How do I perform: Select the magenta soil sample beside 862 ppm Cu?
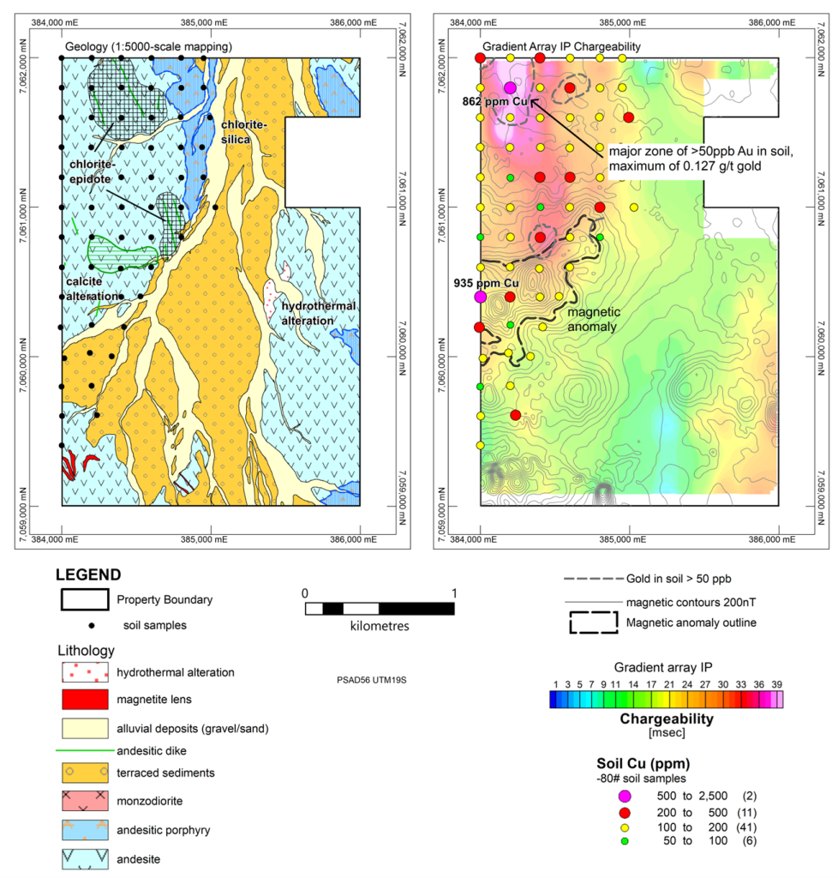pyautogui.click(x=510, y=87)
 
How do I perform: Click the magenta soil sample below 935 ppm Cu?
pyautogui.click(x=480, y=297)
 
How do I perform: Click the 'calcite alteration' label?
pyautogui.click(x=93, y=289)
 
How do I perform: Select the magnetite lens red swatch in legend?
pyautogui.click(x=83, y=699)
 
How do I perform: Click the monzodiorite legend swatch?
pyautogui.click(x=83, y=803)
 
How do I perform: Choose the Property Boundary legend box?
pyautogui.click(x=83, y=598)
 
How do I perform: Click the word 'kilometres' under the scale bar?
pyautogui.click(x=380, y=626)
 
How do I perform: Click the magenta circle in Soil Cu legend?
pyautogui.click(x=625, y=797)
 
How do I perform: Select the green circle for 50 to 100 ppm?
pyautogui.click(x=625, y=841)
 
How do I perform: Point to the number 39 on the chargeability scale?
pyautogui.click(x=776, y=684)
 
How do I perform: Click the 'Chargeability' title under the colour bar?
pyautogui.click(x=666, y=719)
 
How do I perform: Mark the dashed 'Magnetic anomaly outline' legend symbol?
pyautogui.click(x=593, y=622)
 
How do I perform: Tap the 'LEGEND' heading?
pyautogui.click(x=87, y=574)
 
